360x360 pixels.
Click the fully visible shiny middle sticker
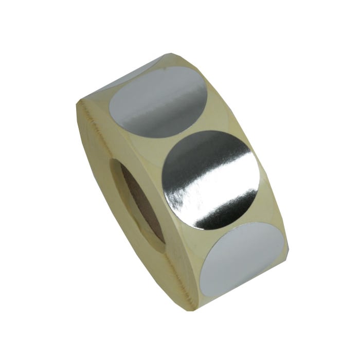click(x=211, y=180)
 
